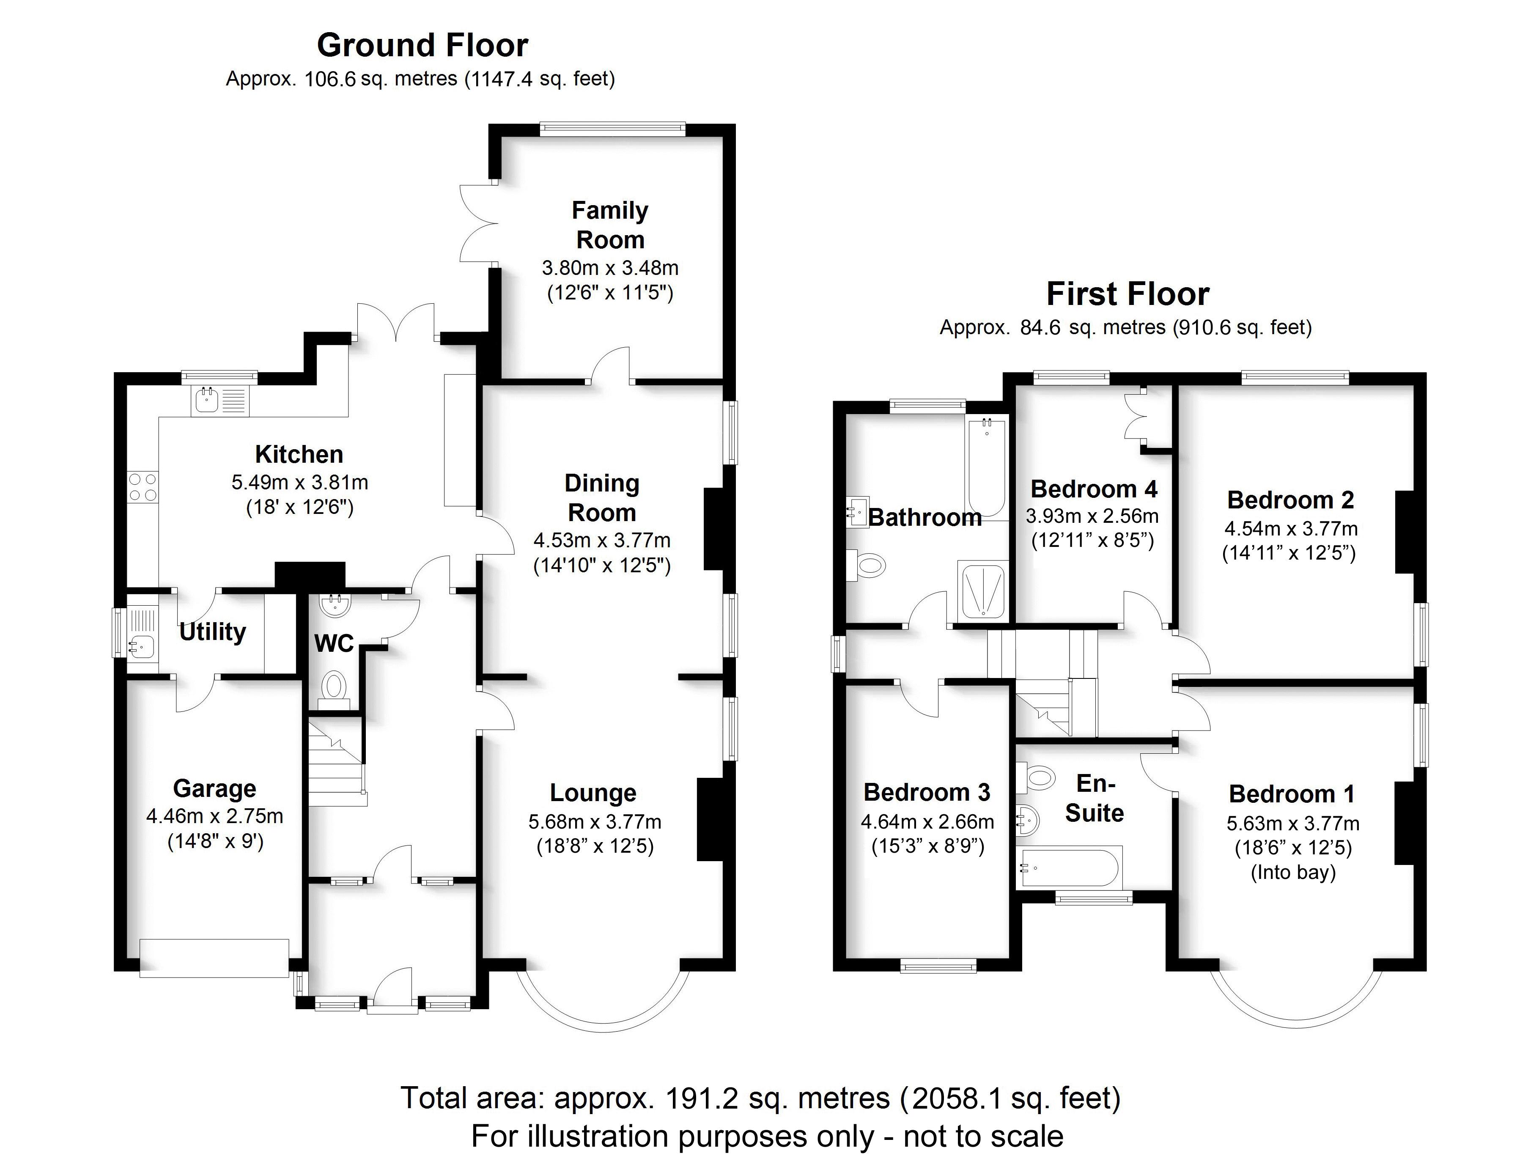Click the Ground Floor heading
pos(422,45)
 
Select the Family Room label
pos(610,225)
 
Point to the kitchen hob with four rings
pos(143,487)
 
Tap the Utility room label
pos(213,631)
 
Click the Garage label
pos(215,788)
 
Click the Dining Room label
pos(602,497)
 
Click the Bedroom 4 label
pos(1094,488)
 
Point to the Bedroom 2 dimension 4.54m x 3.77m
pos(1291,529)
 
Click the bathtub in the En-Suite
pos(1070,867)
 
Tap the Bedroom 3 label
pos(927,792)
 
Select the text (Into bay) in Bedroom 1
pos(1293,872)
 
